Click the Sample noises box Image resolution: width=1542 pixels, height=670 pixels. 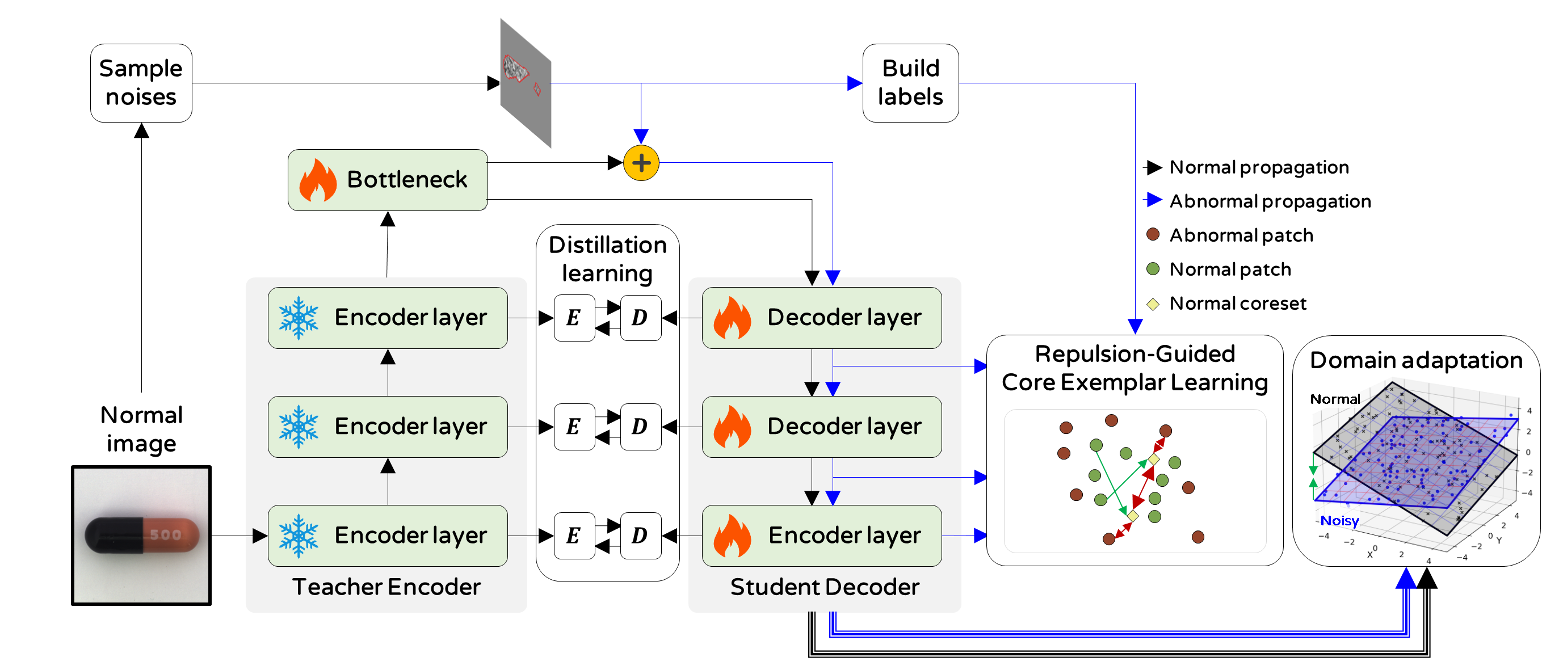pos(141,83)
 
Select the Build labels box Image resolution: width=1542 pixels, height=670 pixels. pos(910,83)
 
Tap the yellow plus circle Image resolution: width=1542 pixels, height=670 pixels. pos(641,163)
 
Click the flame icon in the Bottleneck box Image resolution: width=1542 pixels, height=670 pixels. pos(317,180)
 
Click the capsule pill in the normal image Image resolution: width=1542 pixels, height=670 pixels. pos(142,535)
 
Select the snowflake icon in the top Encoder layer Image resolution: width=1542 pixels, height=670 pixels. pos(299,318)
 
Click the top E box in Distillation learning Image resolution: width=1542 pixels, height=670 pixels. pos(573,318)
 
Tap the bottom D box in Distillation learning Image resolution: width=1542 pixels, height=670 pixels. pos(640,536)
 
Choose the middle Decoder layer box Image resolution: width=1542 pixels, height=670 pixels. pos(821,427)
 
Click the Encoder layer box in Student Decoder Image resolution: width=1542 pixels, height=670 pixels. pos(821,536)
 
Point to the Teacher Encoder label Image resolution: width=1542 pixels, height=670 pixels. pos(386,587)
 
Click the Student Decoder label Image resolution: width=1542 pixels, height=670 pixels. pos(824,587)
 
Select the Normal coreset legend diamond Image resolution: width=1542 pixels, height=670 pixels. pos(1152,304)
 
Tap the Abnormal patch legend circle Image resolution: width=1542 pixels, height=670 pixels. pos(1152,234)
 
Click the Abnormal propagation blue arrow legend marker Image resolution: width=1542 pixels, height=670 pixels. pos(1153,200)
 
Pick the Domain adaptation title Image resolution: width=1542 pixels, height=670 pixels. pos(1415,360)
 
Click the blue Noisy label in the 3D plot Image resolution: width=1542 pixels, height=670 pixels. pos(1339,520)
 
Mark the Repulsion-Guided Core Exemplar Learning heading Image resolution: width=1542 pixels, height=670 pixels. pos(1135,368)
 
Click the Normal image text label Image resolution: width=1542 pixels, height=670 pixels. pos(141,429)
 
